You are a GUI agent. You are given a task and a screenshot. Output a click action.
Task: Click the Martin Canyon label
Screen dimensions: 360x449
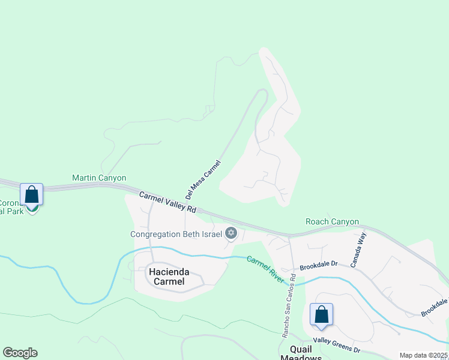tap(99, 178)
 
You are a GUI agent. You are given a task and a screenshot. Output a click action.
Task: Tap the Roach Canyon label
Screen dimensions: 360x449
tap(332, 221)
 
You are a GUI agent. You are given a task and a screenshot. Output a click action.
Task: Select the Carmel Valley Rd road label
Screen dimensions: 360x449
tap(168, 202)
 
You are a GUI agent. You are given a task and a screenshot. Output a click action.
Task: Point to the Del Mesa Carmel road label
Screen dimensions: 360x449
tap(203, 179)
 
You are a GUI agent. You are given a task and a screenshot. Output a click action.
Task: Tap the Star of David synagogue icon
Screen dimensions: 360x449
tap(231, 233)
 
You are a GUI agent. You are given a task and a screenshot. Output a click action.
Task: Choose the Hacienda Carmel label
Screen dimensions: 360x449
tap(169, 277)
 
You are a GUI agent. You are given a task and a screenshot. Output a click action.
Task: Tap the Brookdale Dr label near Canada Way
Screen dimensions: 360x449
tap(319, 263)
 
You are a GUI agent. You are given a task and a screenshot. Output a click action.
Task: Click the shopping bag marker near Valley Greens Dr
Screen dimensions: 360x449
tap(322, 314)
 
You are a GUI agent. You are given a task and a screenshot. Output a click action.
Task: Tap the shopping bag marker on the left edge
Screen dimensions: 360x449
tap(31, 194)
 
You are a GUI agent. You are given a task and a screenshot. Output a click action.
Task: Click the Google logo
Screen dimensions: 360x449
tap(20, 353)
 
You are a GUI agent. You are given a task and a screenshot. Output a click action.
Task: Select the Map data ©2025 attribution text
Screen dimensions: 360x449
tap(423, 355)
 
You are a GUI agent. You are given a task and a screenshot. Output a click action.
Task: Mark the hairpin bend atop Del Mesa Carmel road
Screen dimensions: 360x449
tap(262, 91)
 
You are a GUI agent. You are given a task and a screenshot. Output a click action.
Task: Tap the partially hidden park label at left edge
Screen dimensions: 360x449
tap(11, 207)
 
